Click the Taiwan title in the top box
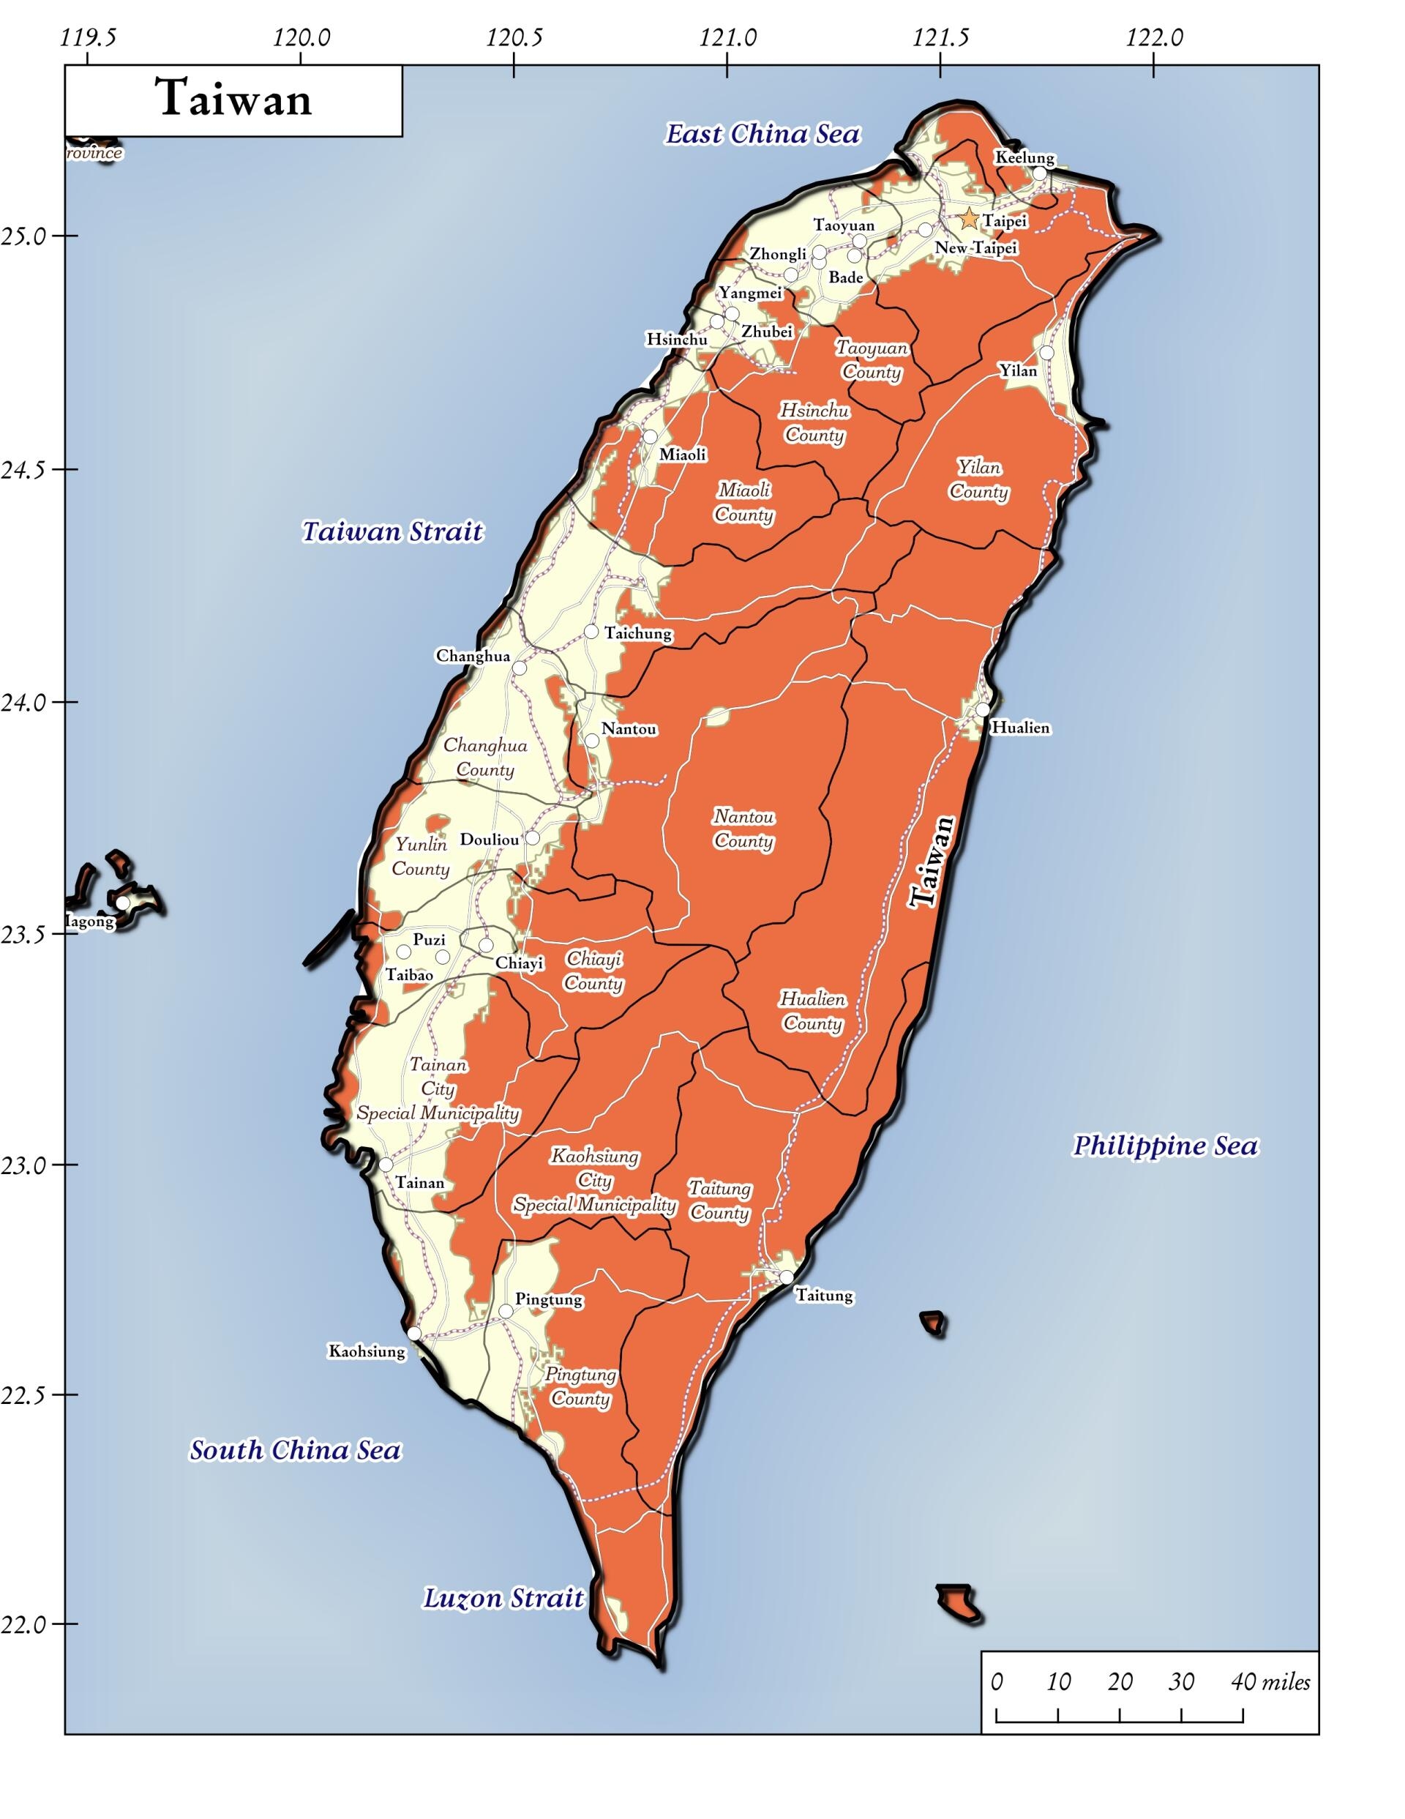click(x=234, y=98)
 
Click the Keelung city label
click(x=1024, y=157)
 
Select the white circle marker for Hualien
click(x=983, y=709)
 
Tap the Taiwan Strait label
click(x=391, y=531)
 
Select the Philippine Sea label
click(x=1164, y=1146)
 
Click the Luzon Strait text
click(x=504, y=1598)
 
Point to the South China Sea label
click(x=295, y=1450)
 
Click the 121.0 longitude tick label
click(x=728, y=37)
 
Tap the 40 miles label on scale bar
click(x=1270, y=1681)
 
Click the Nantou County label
click(x=743, y=829)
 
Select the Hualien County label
click(x=812, y=1010)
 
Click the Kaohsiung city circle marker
click(x=414, y=1334)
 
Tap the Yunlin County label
click(x=421, y=856)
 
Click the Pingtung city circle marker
click(x=506, y=1312)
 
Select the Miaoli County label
click(x=743, y=502)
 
